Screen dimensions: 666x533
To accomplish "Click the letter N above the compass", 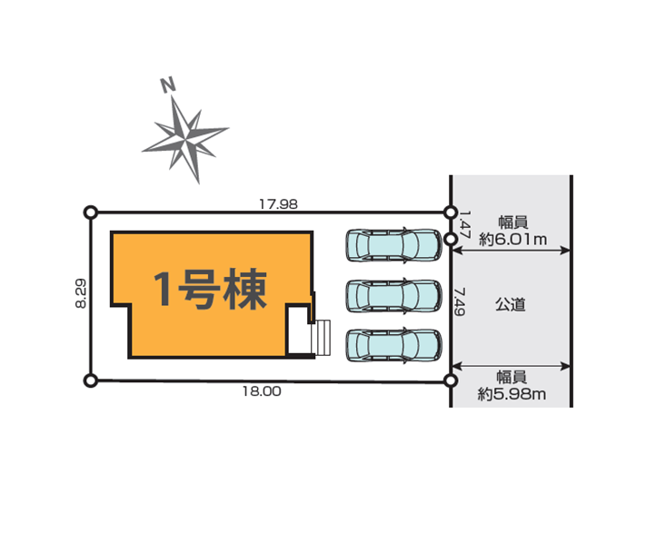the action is click(x=168, y=84).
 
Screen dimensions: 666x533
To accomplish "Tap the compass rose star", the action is click(x=185, y=138).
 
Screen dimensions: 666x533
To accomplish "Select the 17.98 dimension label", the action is click(x=279, y=204).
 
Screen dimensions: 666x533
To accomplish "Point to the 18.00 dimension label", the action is click(x=262, y=391).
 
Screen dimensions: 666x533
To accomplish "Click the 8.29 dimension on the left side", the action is click(x=81, y=292).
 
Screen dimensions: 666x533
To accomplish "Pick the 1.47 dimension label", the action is click(x=465, y=225).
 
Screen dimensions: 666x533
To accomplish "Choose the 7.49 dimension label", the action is click(x=459, y=301).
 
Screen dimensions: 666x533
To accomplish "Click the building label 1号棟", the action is click(x=210, y=289).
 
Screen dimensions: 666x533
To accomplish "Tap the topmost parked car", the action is click(x=394, y=245).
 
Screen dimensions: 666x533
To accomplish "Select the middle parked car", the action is click(x=394, y=296).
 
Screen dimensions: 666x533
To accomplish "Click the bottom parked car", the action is click(x=394, y=345).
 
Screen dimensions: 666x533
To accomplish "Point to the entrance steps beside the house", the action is click(x=322, y=338).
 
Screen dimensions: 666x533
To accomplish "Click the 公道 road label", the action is click(x=511, y=304).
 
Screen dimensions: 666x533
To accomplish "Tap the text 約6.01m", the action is click(x=513, y=240).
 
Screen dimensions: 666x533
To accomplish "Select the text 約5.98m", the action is click(x=512, y=394).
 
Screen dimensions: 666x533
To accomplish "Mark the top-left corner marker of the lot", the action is click(x=91, y=212).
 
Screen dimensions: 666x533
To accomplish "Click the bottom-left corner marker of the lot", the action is click(x=91, y=380).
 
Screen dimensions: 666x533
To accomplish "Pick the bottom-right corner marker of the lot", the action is click(x=451, y=380).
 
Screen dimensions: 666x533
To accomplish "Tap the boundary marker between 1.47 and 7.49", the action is click(x=451, y=240).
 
